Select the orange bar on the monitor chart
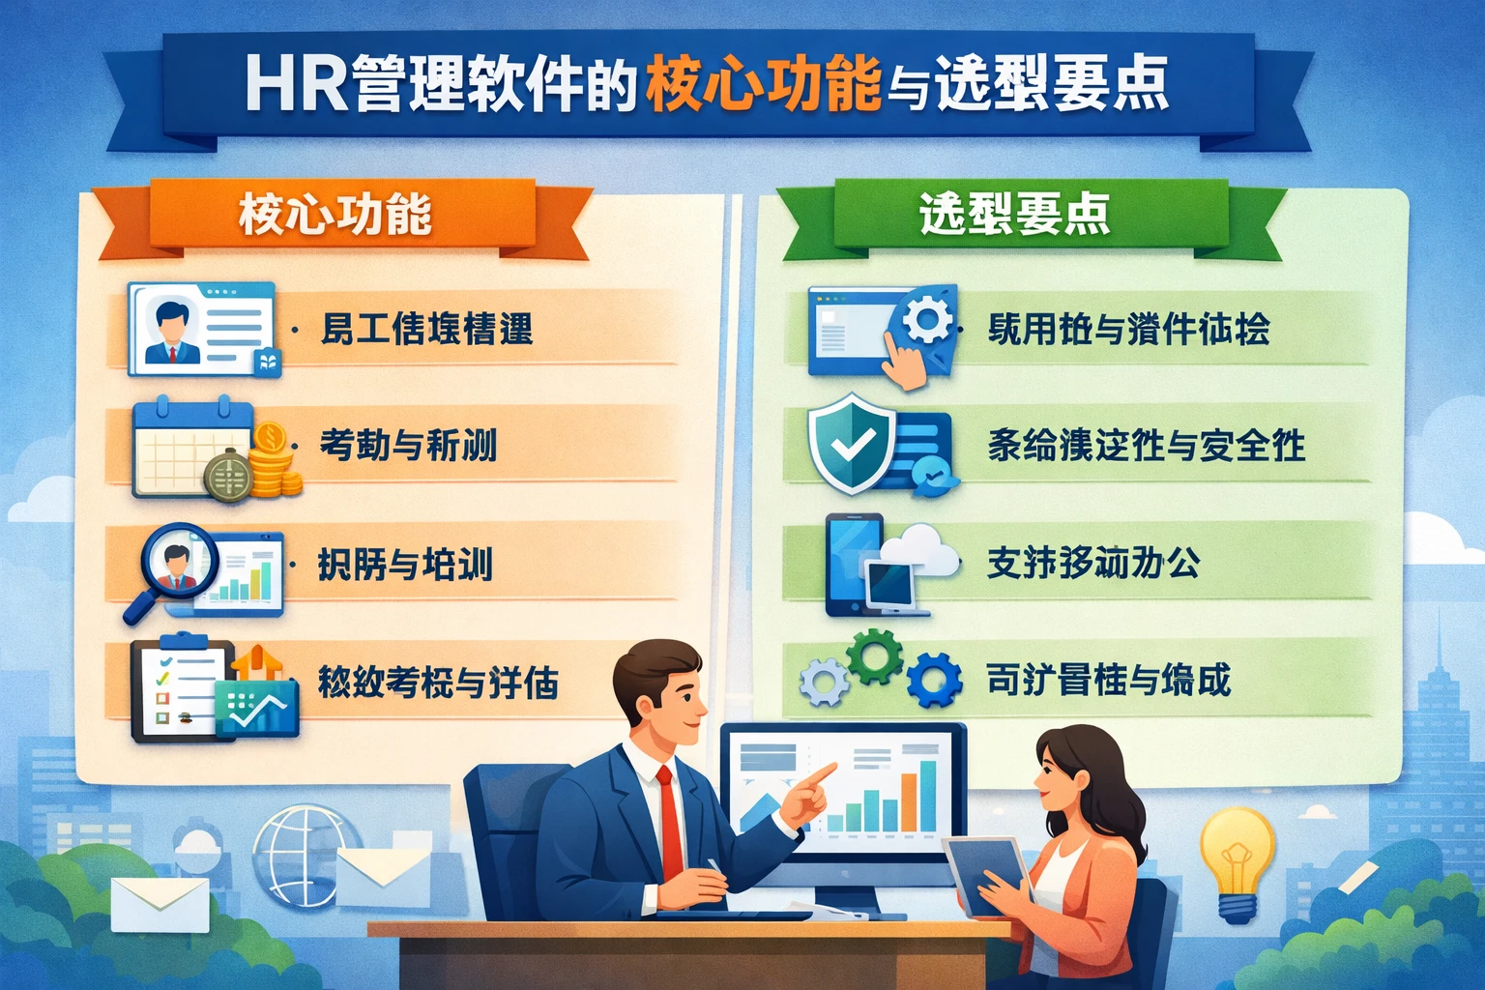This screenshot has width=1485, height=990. pyautogui.click(x=909, y=802)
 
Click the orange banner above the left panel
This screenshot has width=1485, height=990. pyautogui.click(x=338, y=215)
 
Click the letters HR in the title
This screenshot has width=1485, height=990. pyautogui.click(x=295, y=85)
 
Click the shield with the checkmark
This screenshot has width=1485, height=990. pyautogui.click(x=847, y=443)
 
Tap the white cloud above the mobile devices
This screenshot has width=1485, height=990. pyautogui.click(x=918, y=549)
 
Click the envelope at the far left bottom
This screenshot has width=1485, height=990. pyautogui.click(x=160, y=904)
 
